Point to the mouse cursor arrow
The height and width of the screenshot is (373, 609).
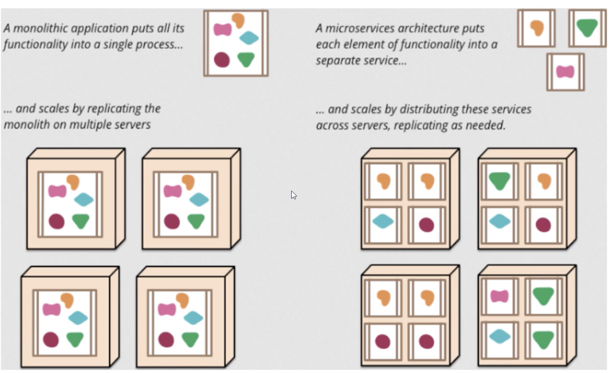pyautogui.click(x=293, y=195)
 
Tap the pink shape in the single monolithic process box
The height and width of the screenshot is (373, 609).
pyautogui.click(x=222, y=29)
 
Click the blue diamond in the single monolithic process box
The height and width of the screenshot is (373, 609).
pyautogui.click(x=249, y=38)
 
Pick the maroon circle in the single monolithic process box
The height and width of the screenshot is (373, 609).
pyautogui.click(x=222, y=59)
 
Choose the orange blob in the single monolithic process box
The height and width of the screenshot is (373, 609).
pyautogui.click(x=238, y=20)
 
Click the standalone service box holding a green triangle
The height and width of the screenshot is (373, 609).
pyautogui.click(x=587, y=28)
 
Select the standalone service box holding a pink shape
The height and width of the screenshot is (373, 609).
pyautogui.click(x=565, y=72)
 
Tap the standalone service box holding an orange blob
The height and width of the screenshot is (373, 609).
pyautogui.click(x=537, y=28)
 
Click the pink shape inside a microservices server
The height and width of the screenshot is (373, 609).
pyautogui.click(x=500, y=296)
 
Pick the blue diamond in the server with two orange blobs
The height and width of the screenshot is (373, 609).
pyautogui.click(x=383, y=222)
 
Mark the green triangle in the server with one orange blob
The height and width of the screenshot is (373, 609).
pyautogui.click(x=500, y=181)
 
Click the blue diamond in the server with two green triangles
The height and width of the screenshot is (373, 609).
pyautogui.click(x=500, y=336)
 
